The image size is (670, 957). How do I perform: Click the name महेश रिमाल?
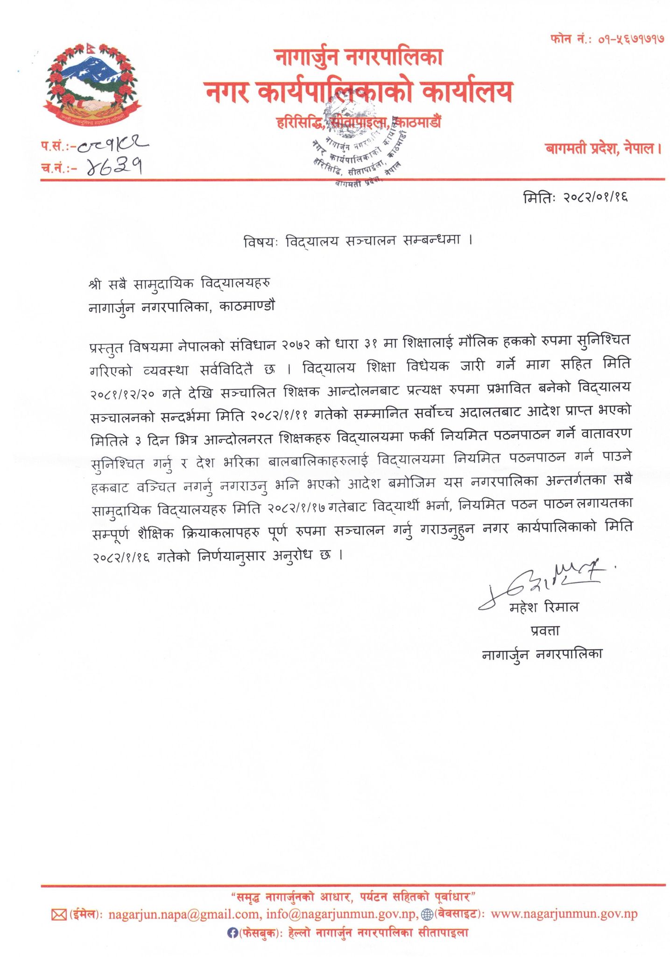(544, 607)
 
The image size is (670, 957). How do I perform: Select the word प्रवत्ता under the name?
(545, 630)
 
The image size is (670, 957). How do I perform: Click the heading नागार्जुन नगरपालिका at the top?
(359, 57)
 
